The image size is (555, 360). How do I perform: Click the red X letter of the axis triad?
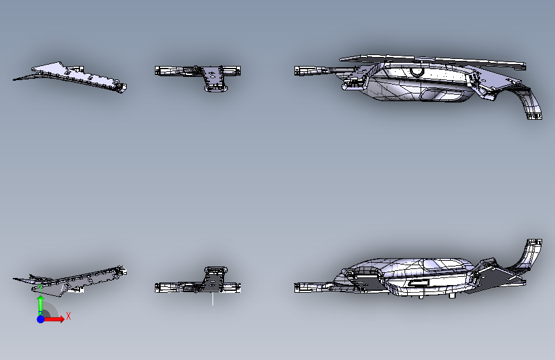68,316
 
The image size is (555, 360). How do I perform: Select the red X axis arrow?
56,319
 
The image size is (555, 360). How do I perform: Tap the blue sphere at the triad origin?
40,318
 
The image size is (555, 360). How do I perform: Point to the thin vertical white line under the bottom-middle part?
213,299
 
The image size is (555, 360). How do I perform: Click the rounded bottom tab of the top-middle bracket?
216,88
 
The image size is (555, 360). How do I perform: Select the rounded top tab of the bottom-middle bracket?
216,269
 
